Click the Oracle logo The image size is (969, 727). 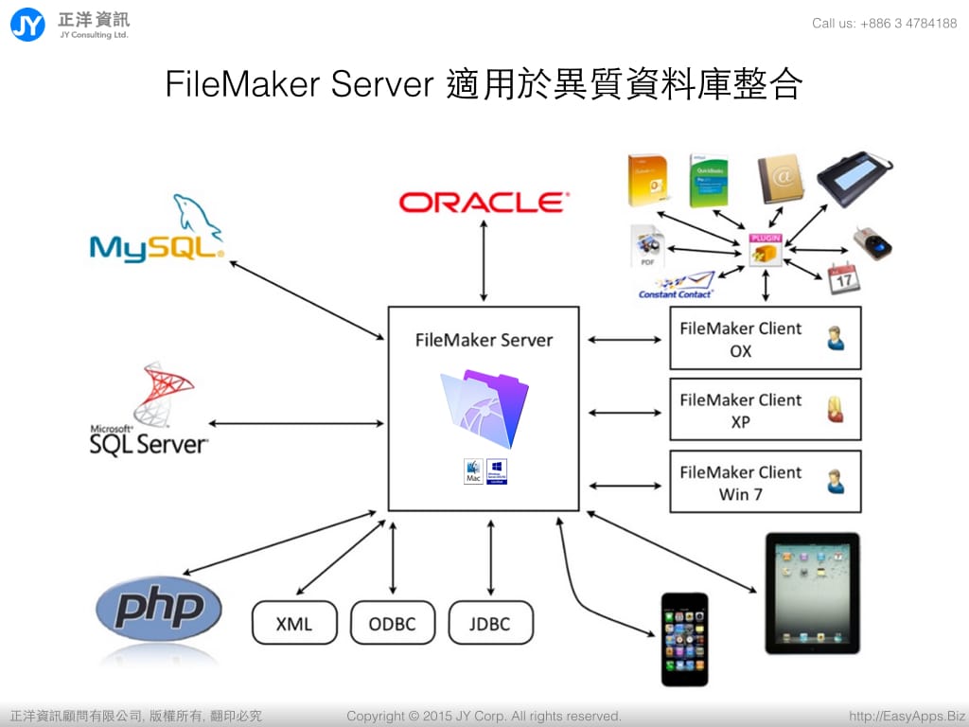click(483, 202)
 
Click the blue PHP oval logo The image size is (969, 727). click(159, 608)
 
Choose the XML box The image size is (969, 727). click(294, 624)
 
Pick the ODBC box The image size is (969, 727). click(393, 624)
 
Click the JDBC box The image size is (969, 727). click(490, 624)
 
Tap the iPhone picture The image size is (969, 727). click(684, 638)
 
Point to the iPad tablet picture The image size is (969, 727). click(812, 593)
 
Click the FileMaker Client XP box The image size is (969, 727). click(765, 410)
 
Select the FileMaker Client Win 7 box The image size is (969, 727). click(765, 482)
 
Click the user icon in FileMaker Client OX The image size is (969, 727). click(836, 338)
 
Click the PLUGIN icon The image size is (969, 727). click(765, 249)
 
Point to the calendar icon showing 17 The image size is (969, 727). click(843, 277)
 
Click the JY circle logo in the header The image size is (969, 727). click(27, 24)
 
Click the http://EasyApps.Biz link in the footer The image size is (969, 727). click(907, 716)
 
